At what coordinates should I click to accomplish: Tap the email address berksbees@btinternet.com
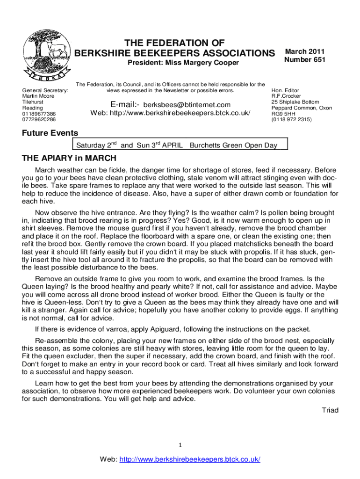[187, 105]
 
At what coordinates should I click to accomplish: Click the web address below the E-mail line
[183, 113]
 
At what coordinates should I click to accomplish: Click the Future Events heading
[50, 133]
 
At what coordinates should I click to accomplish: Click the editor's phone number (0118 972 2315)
[291, 120]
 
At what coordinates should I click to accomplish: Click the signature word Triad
[330, 410]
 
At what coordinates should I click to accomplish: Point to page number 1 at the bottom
[180, 444]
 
